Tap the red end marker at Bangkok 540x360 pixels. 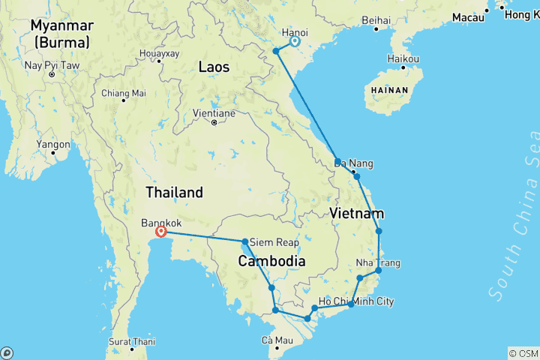tap(160, 232)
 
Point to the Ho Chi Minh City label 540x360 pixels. tap(355, 301)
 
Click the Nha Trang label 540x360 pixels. tap(378, 263)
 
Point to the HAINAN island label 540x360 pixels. tap(386, 90)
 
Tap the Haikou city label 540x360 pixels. tap(403, 58)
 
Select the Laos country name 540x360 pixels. tap(214, 67)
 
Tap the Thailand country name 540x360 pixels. tap(174, 192)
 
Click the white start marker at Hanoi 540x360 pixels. tap(295, 41)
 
